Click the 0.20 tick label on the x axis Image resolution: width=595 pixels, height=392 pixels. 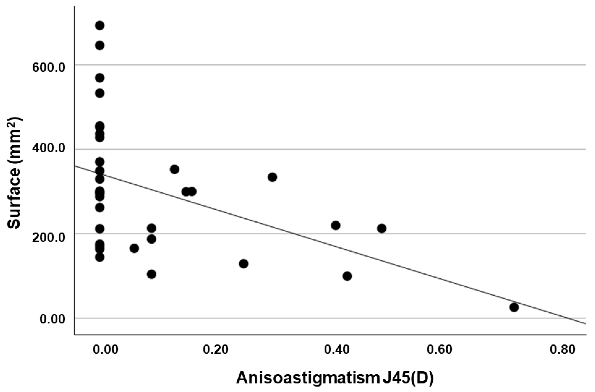(x=215, y=350)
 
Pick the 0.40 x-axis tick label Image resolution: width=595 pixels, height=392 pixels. (x=337, y=350)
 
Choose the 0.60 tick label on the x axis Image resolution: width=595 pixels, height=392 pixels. (x=439, y=350)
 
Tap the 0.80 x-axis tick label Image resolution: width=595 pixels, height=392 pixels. (x=563, y=350)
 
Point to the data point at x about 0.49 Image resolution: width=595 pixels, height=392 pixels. (x=382, y=228)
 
